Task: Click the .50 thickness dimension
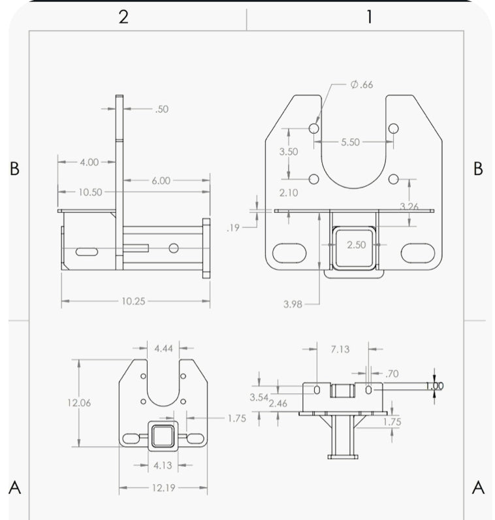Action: coord(161,109)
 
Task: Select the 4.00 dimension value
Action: coord(89,162)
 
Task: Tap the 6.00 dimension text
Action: coord(161,180)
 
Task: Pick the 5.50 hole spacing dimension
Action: coord(350,142)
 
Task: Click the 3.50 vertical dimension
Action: coord(288,152)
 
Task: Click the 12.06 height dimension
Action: coord(78,403)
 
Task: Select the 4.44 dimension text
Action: coord(163,348)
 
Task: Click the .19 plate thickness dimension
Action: coord(233,228)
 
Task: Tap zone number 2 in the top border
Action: coord(123,16)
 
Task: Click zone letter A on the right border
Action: coord(477,487)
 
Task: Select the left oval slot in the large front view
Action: coord(287,253)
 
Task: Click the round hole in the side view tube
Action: coord(174,248)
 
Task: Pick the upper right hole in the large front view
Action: coord(393,129)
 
